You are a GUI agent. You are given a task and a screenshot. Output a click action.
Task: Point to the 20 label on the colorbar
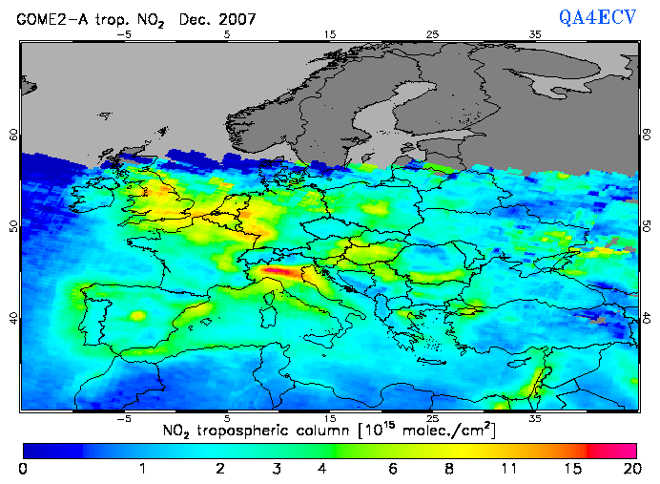tap(629, 469)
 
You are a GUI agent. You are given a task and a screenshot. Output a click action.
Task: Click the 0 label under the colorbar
tap(23, 469)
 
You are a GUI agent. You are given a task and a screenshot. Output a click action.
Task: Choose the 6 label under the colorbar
tap(392, 469)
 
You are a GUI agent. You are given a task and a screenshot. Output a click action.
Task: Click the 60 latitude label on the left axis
tap(13, 135)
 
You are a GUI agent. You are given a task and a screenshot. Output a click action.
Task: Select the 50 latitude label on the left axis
tap(13, 225)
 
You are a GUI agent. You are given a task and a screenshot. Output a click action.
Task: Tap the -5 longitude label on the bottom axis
tap(122, 418)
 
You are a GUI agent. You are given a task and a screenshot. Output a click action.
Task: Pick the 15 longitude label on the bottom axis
tap(329, 418)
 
